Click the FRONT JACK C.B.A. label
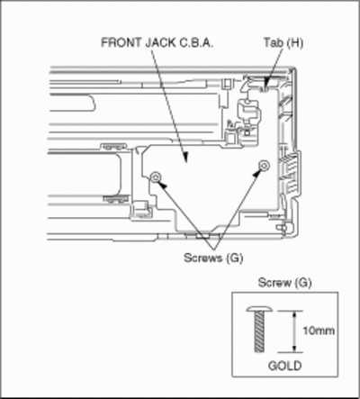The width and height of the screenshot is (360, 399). coord(157,42)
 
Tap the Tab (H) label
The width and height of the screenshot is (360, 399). coord(283,42)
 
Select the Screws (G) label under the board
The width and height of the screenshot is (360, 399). coord(213,258)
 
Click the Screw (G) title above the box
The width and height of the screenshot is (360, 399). coord(285,283)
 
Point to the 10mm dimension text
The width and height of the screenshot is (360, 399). coord(319,331)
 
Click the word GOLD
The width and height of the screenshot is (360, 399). coord(284,366)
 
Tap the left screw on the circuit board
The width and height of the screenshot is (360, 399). coord(155,177)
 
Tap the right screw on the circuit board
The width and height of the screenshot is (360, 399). coord(264,165)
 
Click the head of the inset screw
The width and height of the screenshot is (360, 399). coord(259,309)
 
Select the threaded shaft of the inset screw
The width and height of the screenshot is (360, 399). coord(260,331)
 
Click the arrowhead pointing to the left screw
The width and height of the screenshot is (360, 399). coord(162,185)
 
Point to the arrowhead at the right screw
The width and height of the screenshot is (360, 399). coord(257,173)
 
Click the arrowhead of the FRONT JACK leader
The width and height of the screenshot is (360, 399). coord(185,157)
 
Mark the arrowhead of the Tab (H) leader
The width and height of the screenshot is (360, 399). coord(266,83)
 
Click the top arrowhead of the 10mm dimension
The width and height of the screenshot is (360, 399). coord(294,315)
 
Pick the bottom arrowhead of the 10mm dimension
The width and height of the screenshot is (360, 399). coord(294,349)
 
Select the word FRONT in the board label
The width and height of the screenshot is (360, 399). coord(121,42)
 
